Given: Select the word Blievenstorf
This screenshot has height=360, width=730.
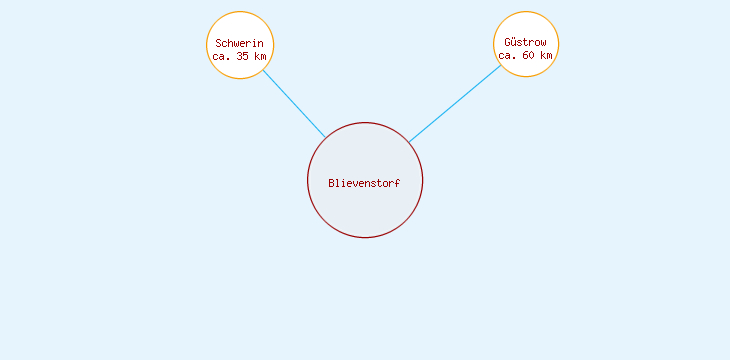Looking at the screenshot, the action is [x=364, y=183].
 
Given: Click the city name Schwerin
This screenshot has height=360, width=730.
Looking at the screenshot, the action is [x=240, y=43].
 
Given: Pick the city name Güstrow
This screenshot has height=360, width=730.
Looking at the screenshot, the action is [x=526, y=43].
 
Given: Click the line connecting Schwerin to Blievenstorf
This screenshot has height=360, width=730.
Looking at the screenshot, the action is [x=294, y=104].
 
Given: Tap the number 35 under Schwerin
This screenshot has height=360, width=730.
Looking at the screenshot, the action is [x=244, y=56].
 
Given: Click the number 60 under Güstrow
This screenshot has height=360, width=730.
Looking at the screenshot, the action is [x=530, y=56].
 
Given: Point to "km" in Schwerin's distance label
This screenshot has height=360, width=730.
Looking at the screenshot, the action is [x=261, y=56].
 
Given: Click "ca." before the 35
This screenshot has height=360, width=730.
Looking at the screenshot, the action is [x=222, y=56].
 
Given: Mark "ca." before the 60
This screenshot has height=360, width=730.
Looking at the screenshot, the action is [x=508, y=56].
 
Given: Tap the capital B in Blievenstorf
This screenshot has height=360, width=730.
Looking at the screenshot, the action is [x=332, y=183].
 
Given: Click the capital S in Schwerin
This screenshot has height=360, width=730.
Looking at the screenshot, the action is [x=219, y=43].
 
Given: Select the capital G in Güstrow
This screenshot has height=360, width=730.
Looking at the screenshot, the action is [x=508, y=43].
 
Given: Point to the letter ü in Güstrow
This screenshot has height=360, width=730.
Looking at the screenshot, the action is [x=515, y=43].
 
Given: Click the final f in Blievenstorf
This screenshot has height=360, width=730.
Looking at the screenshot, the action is [x=397, y=183].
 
